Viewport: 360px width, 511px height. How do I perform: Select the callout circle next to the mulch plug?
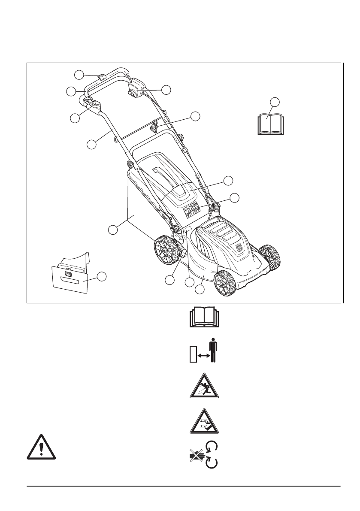click(101, 277)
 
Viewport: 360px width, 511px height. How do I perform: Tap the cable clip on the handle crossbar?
click(154, 126)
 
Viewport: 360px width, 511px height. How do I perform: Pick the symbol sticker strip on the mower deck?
click(191, 209)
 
